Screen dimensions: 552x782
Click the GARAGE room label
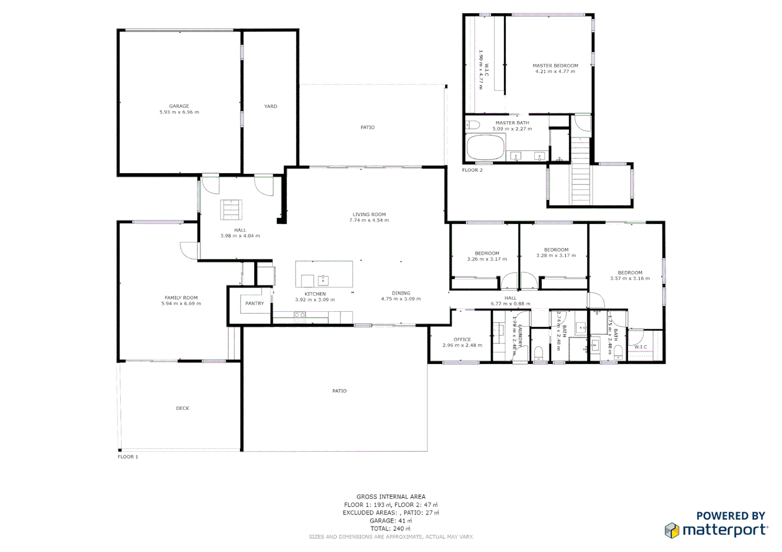pyautogui.click(x=179, y=106)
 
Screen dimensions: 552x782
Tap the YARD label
pyautogui.click(x=270, y=106)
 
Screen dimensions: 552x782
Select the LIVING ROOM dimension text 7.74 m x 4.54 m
pyautogui.click(x=368, y=220)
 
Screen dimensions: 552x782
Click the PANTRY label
pyautogui.click(x=254, y=303)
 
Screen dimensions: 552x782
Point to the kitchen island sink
pyautogui.click(x=323, y=280)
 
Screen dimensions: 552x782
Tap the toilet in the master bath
pyautogui.click(x=472, y=125)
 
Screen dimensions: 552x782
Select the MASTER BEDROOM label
pyautogui.click(x=555, y=65)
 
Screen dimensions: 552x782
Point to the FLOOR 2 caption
pyautogui.click(x=472, y=170)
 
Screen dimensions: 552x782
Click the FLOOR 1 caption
pyautogui.click(x=127, y=457)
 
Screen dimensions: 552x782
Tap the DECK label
pyautogui.click(x=182, y=408)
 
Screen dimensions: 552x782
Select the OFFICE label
pyautogui.click(x=462, y=339)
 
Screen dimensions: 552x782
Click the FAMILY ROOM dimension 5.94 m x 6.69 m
pyautogui.click(x=181, y=304)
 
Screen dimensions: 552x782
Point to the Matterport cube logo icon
pyautogui.click(x=672, y=530)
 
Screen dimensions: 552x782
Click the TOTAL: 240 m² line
pyautogui.click(x=390, y=528)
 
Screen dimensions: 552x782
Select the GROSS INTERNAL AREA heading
pyautogui.click(x=390, y=496)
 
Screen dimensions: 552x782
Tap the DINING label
pyautogui.click(x=401, y=293)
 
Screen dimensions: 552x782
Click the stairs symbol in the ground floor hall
pyautogui.click(x=231, y=210)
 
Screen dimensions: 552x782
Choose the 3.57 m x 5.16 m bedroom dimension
pyautogui.click(x=629, y=279)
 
